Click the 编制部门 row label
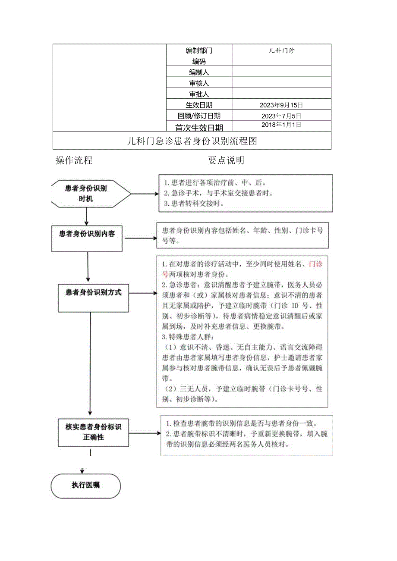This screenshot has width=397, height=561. click(x=199, y=50)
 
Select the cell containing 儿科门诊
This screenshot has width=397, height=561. click(x=281, y=50)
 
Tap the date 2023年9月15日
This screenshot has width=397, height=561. click(x=281, y=105)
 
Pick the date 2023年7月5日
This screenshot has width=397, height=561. click(x=281, y=116)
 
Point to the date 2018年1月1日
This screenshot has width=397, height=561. click(x=281, y=125)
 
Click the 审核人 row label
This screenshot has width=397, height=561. click(x=199, y=83)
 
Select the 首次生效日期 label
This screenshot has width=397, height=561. click(x=199, y=127)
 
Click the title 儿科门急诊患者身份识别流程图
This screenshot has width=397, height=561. click(x=192, y=141)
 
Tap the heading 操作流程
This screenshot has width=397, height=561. click(x=74, y=160)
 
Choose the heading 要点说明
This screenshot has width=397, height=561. click(x=226, y=160)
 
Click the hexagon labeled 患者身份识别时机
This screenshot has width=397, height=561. click(x=86, y=194)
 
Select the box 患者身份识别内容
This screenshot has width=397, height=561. click(x=87, y=234)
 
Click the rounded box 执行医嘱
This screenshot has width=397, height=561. click(x=86, y=485)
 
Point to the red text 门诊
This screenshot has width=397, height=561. click(x=315, y=264)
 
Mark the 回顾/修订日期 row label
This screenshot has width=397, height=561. click(x=199, y=116)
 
